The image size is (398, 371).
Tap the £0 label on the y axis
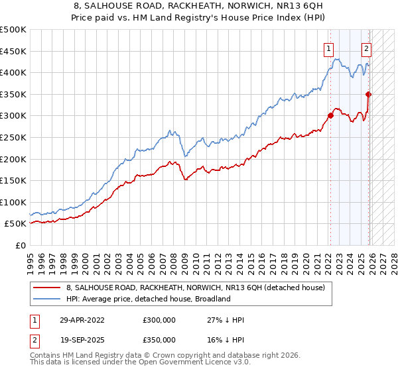pyautogui.click(x=20, y=245)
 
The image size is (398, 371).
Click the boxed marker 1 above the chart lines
pyautogui.click(x=329, y=48)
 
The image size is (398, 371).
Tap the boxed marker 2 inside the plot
pyautogui.click(x=366, y=48)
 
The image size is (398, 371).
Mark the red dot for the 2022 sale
pyautogui.click(x=330, y=116)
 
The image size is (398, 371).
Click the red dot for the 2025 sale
pyautogui.click(x=369, y=94)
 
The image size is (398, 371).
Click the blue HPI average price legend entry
pyautogui.click(x=147, y=299)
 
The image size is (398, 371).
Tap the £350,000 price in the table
pyautogui.click(x=159, y=340)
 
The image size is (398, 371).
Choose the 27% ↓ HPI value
pyautogui.click(x=226, y=320)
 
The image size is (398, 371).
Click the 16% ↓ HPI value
pyautogui.click(x=226, y=340)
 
